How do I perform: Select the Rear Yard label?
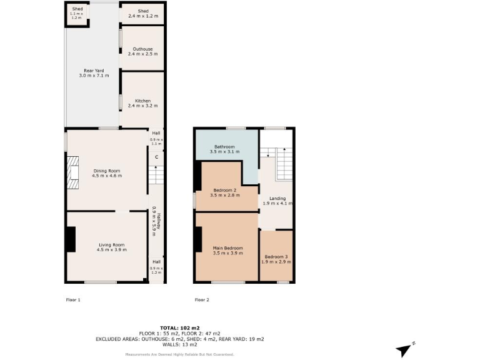pos(94,73)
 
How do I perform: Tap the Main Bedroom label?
pos(227,251)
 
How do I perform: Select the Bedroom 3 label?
pos(276,259)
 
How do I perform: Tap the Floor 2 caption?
pos(202,300)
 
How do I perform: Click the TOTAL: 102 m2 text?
pos(179,327)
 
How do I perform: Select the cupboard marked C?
pos(156,156)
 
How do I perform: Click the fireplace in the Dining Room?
pos(73,172)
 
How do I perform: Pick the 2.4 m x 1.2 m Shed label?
pos(143,12)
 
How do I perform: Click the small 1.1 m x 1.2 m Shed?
pos(76,14)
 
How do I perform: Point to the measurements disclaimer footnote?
pos(179,354)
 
